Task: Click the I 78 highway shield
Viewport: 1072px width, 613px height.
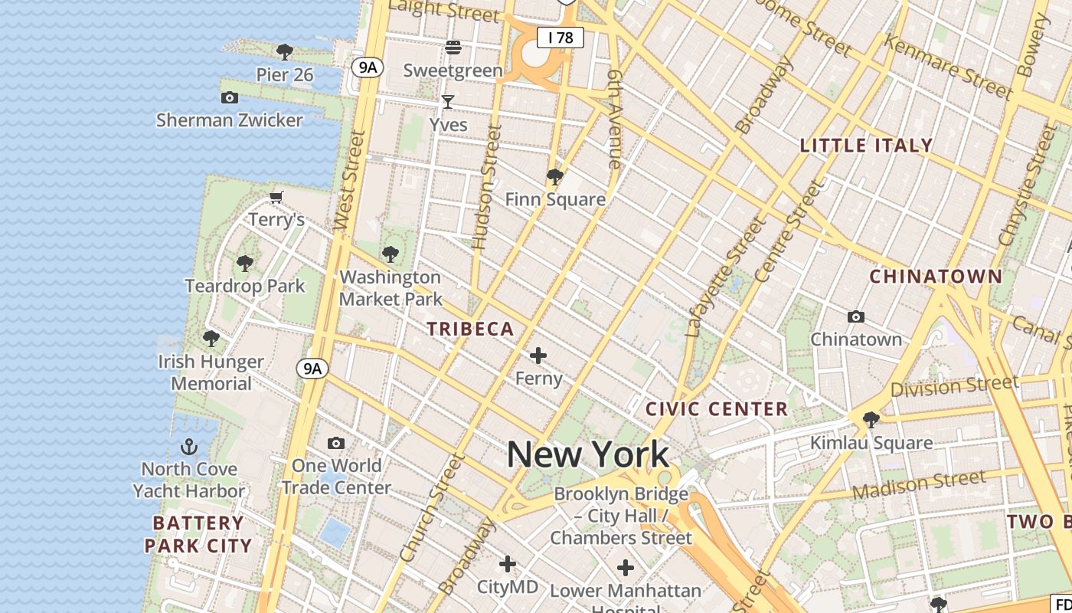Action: click(x=561, y=37)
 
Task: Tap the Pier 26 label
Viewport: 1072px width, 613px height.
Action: click(x=285, y=74)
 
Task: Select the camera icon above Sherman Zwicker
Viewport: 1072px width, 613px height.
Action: click(x=229, y=97)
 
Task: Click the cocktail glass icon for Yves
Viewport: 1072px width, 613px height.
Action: click(x=448, y=101)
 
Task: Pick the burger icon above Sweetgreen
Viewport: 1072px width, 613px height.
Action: click(x=453, y=48)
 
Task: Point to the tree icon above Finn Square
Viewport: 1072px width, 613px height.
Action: click(x=555, y=178)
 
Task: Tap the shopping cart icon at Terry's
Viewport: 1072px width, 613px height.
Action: click(x=276, y=198)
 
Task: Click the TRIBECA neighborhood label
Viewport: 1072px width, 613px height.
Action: click(x=470, y=329)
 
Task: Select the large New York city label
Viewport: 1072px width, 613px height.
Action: click(x=588, y=454)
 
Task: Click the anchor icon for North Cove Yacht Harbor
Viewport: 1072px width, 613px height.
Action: click(x=189, y=447)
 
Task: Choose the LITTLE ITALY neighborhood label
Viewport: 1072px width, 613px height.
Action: click(x=866, y=145)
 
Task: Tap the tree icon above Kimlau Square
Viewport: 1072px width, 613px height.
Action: click(x=871, y=419)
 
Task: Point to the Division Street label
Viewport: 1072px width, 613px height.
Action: click(x=954, y=385)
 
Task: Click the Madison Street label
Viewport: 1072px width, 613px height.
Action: click(x=919, y=484)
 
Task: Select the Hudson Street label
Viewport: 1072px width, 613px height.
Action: click(x=487, y=188)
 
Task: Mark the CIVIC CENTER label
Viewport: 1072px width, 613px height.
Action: click(x=717, y=408)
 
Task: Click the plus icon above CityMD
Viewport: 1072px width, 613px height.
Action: click(x=507, y=565)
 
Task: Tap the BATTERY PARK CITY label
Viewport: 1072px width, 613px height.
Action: click(x=198, y=534)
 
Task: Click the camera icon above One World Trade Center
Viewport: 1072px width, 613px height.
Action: click(x=335, y=443)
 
